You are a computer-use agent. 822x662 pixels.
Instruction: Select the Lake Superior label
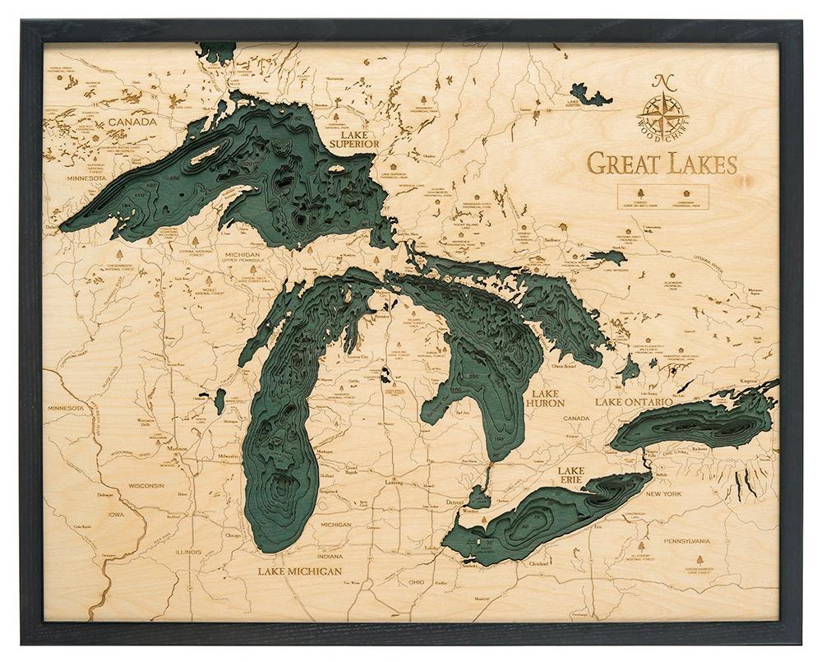353,137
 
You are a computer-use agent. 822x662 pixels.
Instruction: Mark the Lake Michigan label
298,571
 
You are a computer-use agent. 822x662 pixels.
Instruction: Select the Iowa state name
116,515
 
